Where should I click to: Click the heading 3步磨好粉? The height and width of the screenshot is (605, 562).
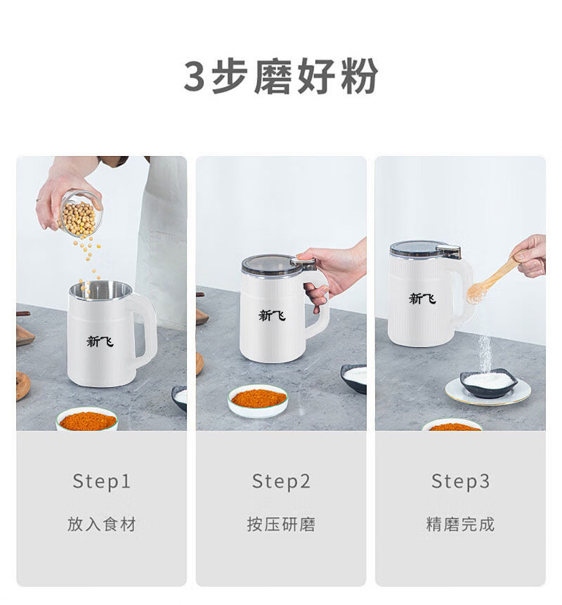(x=281, y=76)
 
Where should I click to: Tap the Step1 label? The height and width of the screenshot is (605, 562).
(x=102, y=482)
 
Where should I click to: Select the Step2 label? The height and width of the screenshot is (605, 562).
(x=281, y=482)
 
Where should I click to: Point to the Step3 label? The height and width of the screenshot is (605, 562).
(x=460, y=482)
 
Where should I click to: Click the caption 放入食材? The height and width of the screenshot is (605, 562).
(x=102, y=524)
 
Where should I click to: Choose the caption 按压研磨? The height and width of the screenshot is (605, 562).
(x=281, y=524)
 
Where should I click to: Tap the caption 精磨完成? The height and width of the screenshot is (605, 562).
(x=460, y=524)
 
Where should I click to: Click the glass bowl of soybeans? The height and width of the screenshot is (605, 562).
(x=81, y=214)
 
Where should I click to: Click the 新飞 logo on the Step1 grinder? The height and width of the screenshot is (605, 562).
(x=100, y=341)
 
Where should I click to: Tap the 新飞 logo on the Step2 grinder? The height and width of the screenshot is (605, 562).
(x=272, y=315)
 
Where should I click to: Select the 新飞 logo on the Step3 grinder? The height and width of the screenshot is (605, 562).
(x=422, y=298)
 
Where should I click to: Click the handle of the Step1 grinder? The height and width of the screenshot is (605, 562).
(x=146, y=329)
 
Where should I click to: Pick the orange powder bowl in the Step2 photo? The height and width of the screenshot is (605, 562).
(x=258, y=401)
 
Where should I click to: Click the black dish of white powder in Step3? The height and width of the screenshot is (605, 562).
(x=489, y=382)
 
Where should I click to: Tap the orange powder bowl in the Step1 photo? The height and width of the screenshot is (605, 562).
(x=87, y=419)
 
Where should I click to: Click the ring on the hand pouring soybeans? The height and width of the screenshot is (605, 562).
(x=38, y=200)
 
